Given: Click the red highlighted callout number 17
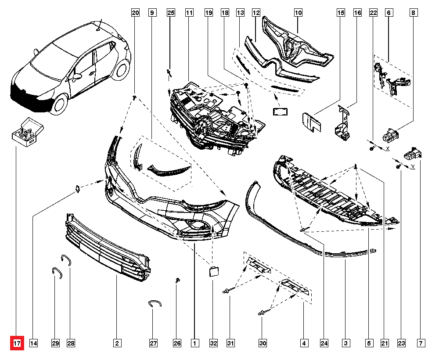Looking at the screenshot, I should click(17, 343).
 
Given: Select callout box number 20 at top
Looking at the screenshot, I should click(135, 13).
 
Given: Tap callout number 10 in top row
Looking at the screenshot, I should click(298, 13).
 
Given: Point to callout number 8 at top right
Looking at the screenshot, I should click(413, 13).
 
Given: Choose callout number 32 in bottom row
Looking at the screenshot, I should click(213, 343).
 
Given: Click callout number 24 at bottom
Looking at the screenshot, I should click(324, 343).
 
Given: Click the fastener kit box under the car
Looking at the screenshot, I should click(27, 131).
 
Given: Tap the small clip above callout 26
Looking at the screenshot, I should click(177, 280).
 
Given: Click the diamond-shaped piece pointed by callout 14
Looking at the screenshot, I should click(77, 189).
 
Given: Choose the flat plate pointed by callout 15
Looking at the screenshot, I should click(311, 122).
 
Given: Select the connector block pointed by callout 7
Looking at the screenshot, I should click(413, 153).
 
